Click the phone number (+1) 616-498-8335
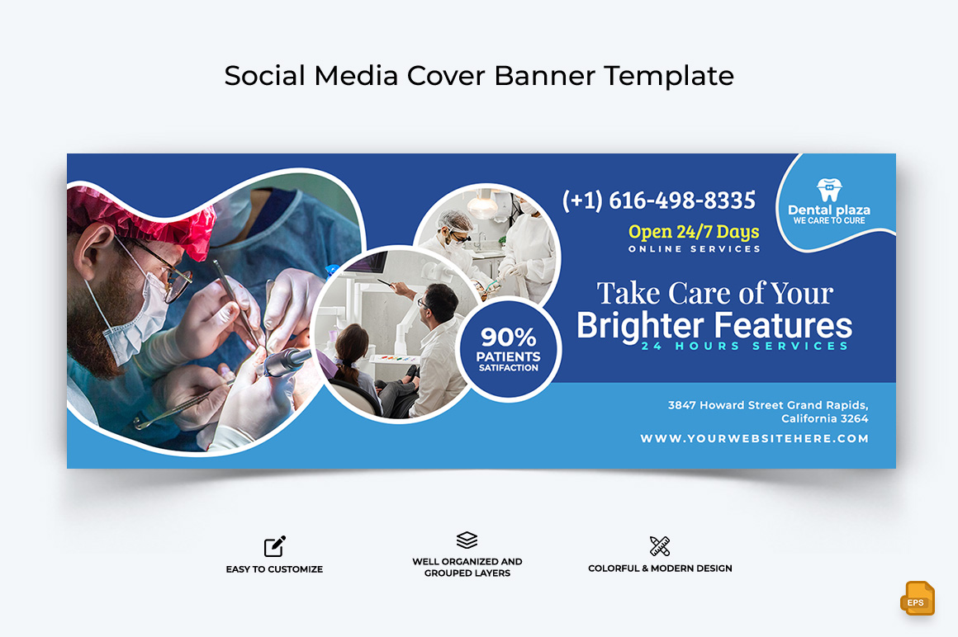click(659, 201)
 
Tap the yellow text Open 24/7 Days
click(694, 232)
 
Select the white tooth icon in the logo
click(829, 190)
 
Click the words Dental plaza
click(829, 210)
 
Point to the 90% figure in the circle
click(509, 337)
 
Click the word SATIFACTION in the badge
click(509, 368)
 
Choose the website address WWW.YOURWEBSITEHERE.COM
click(755, 438)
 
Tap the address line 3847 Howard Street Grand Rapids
click(768, 405)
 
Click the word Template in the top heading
click(669, 76)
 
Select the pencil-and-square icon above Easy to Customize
click(275, 546)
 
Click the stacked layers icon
click(467, 540)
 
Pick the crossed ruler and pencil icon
click(660, 545)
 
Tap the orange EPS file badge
click(917, 598)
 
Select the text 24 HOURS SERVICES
click(745, 346)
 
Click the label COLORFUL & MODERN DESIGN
click(660, 568)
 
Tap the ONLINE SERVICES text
click(694, 249)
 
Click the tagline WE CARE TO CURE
click(829, 221)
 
